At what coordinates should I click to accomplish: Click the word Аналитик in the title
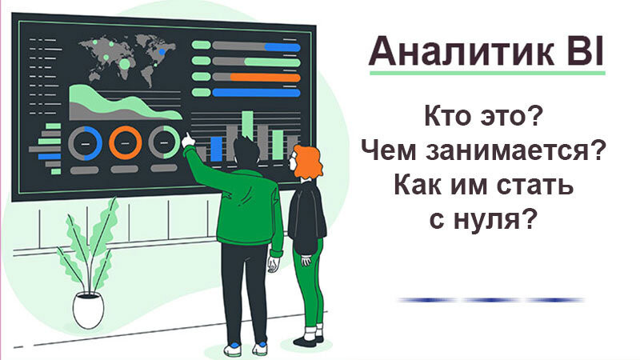[462, 51]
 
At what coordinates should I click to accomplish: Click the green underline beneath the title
[487, 73]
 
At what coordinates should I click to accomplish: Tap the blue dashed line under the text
[491, 300]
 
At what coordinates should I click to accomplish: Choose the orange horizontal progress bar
[266, 77]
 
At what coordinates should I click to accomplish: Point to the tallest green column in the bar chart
[247, 125]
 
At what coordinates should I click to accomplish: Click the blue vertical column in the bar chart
[216, 149]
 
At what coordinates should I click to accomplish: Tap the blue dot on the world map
[162, 52]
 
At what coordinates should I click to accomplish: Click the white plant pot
[88, 310]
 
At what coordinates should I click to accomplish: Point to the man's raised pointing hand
[187, 140]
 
